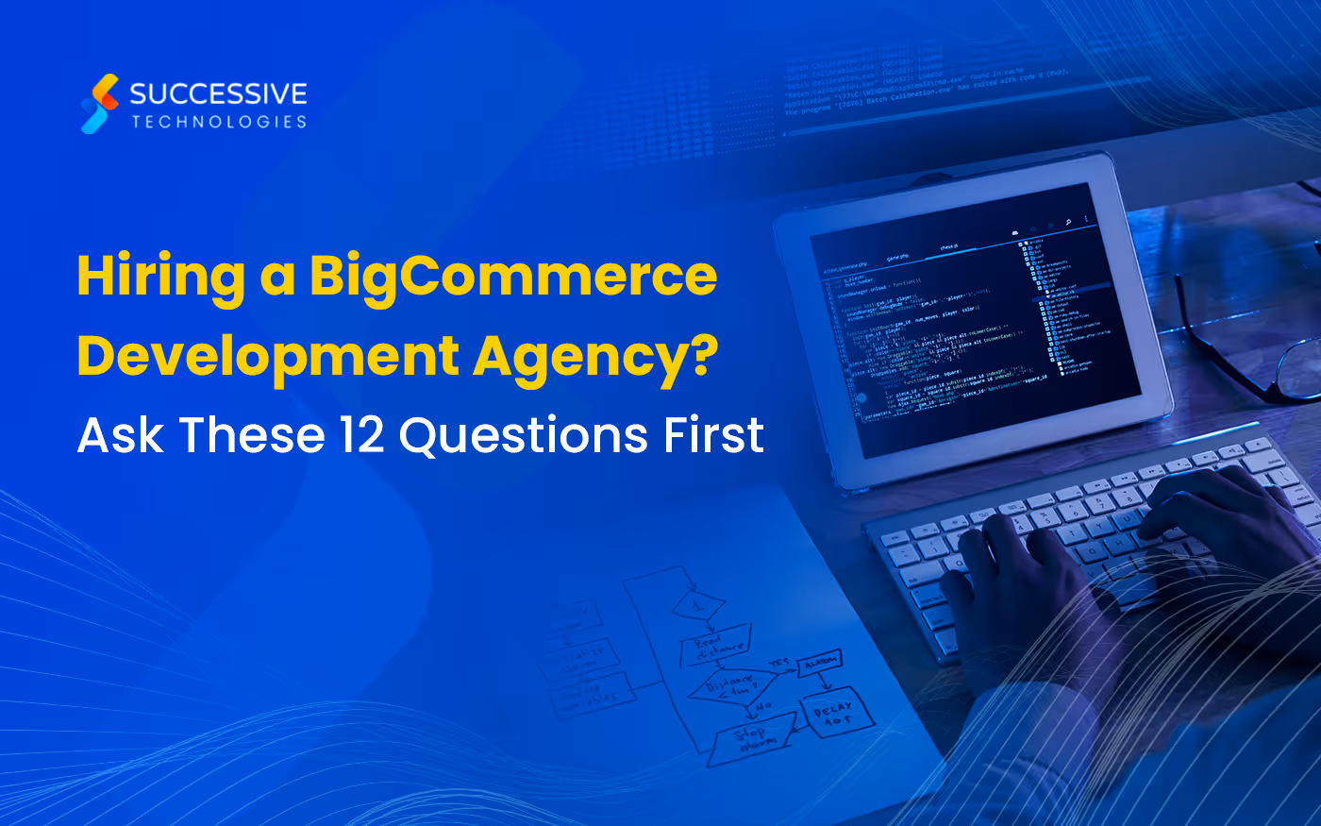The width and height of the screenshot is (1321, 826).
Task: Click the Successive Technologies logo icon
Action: coord(100,104)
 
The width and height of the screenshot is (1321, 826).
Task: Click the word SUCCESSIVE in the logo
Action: coord(218,93)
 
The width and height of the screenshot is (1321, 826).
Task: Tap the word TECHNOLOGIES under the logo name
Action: coord(219,122)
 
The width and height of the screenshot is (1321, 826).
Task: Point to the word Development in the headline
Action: coord(268,358)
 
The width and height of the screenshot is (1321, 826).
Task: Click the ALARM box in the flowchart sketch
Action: coord(819,664)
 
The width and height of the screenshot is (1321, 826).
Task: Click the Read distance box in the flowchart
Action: coord(716,647)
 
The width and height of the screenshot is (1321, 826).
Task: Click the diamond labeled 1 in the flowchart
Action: coord(698,604)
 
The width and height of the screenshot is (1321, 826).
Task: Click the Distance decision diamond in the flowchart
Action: coord(731,686)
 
